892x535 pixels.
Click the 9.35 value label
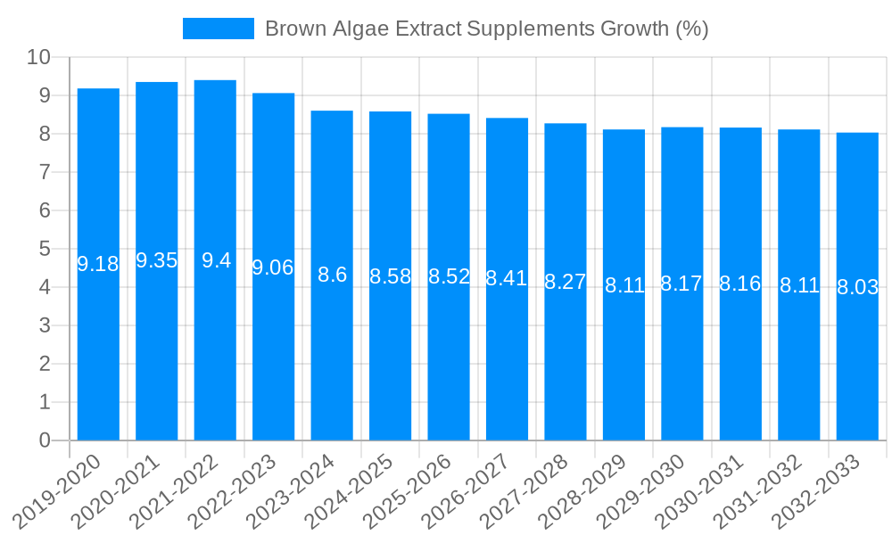pyautogui.click(x=157, y=260)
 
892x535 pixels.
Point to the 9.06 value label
pyautogui.click(x=273, y=267)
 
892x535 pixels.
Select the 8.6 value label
pyautogui.click(x=332, y=275)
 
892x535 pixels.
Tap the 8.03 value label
pyautogui.click(x=857, y=287)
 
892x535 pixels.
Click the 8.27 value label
pyautogui.click(x=565, y=282)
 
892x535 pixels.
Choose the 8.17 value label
pyautogui.click(x=681, y=284)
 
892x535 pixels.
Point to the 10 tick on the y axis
pyautogui.click(x=38, y=57)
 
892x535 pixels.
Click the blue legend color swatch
pyautogui.click(x=219, y=29)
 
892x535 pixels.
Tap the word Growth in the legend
pyautogui.click(x=633, y=29)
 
